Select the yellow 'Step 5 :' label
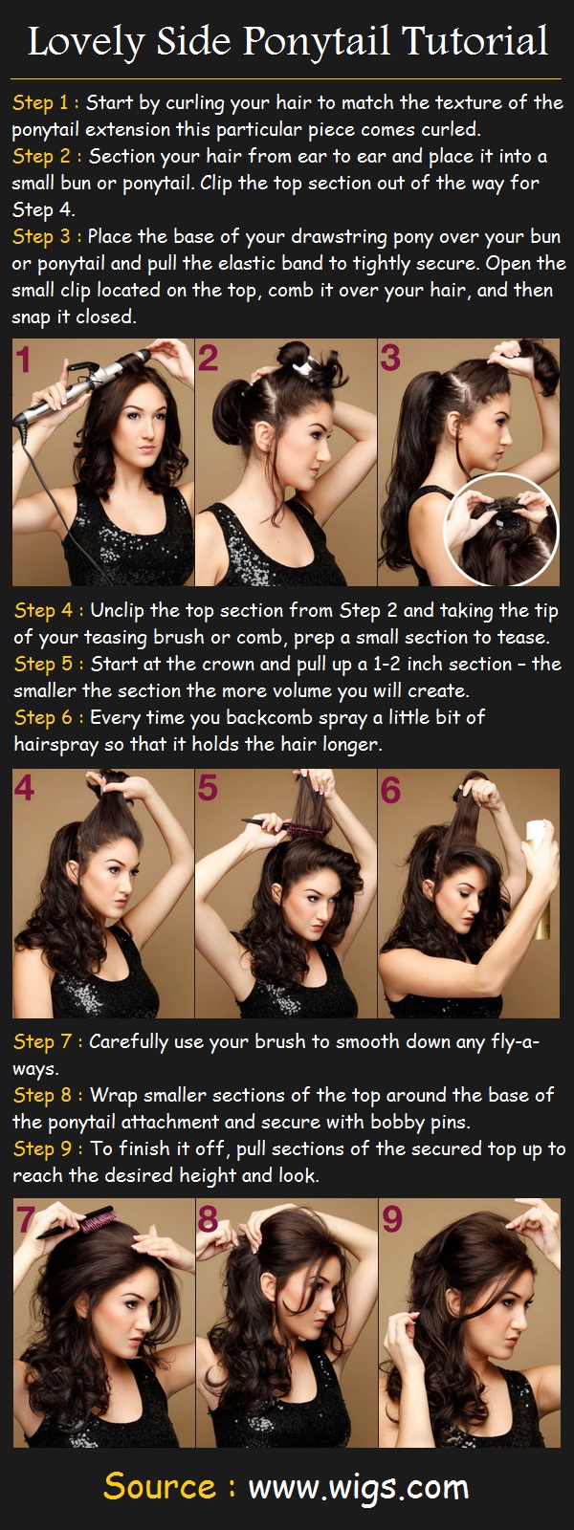pyautogui.click(x=47, y=664)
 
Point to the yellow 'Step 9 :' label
pyautogui.click(x=47, y=1148)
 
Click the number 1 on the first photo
pyautogui.click(x=24, y=360)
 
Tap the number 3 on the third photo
pyautogui.click(x=390, y=359)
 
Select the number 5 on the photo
pyautogui.click(x=208, y=789)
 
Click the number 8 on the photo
pyautogui.click(x=208, y=1220)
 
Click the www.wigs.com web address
pyautogui.click(x=359, y=1487)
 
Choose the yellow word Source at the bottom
pyautogui.click(x=159, y=1487)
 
